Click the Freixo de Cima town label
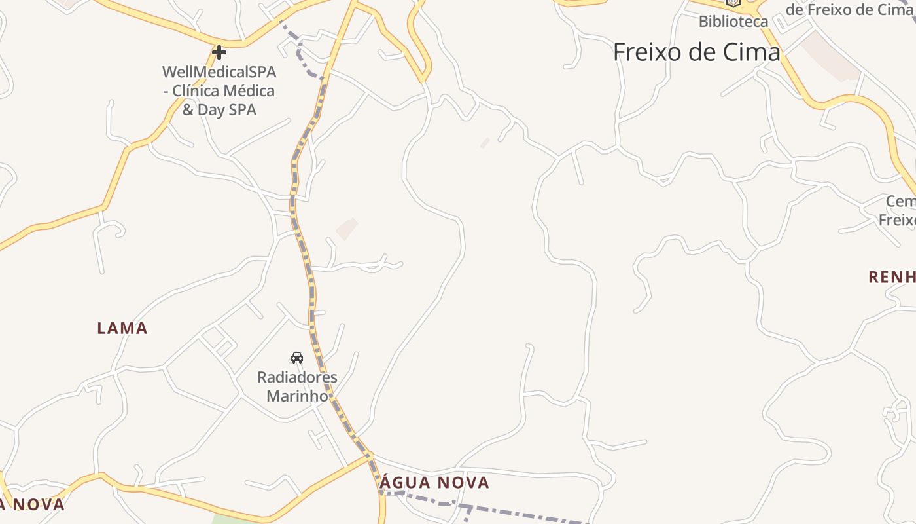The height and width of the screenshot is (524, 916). coord(697,52)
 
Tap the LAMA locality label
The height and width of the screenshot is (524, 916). coord(122,328)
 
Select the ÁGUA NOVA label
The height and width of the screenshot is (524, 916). coord(434,483)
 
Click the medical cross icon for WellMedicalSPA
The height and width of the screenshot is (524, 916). coord(219,52)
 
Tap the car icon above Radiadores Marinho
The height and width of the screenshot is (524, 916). coord(297,357)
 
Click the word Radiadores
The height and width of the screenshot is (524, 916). coord(297,377)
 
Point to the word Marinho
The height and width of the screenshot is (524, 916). coord(297,396)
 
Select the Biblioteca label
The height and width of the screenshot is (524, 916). coord(733,21)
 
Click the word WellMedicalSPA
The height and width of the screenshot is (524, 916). coord(219,71)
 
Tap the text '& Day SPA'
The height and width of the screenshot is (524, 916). coord(219,110)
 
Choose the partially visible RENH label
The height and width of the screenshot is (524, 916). coord(892,277)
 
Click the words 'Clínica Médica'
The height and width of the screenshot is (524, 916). coord(223,90)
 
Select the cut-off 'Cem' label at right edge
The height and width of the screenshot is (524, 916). coord(900,201)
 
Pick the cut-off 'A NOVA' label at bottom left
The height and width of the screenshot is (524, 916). coord(33,504)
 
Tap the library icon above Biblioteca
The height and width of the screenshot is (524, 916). coord(733,3)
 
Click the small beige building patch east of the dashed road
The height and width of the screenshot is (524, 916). coord(347,228)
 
